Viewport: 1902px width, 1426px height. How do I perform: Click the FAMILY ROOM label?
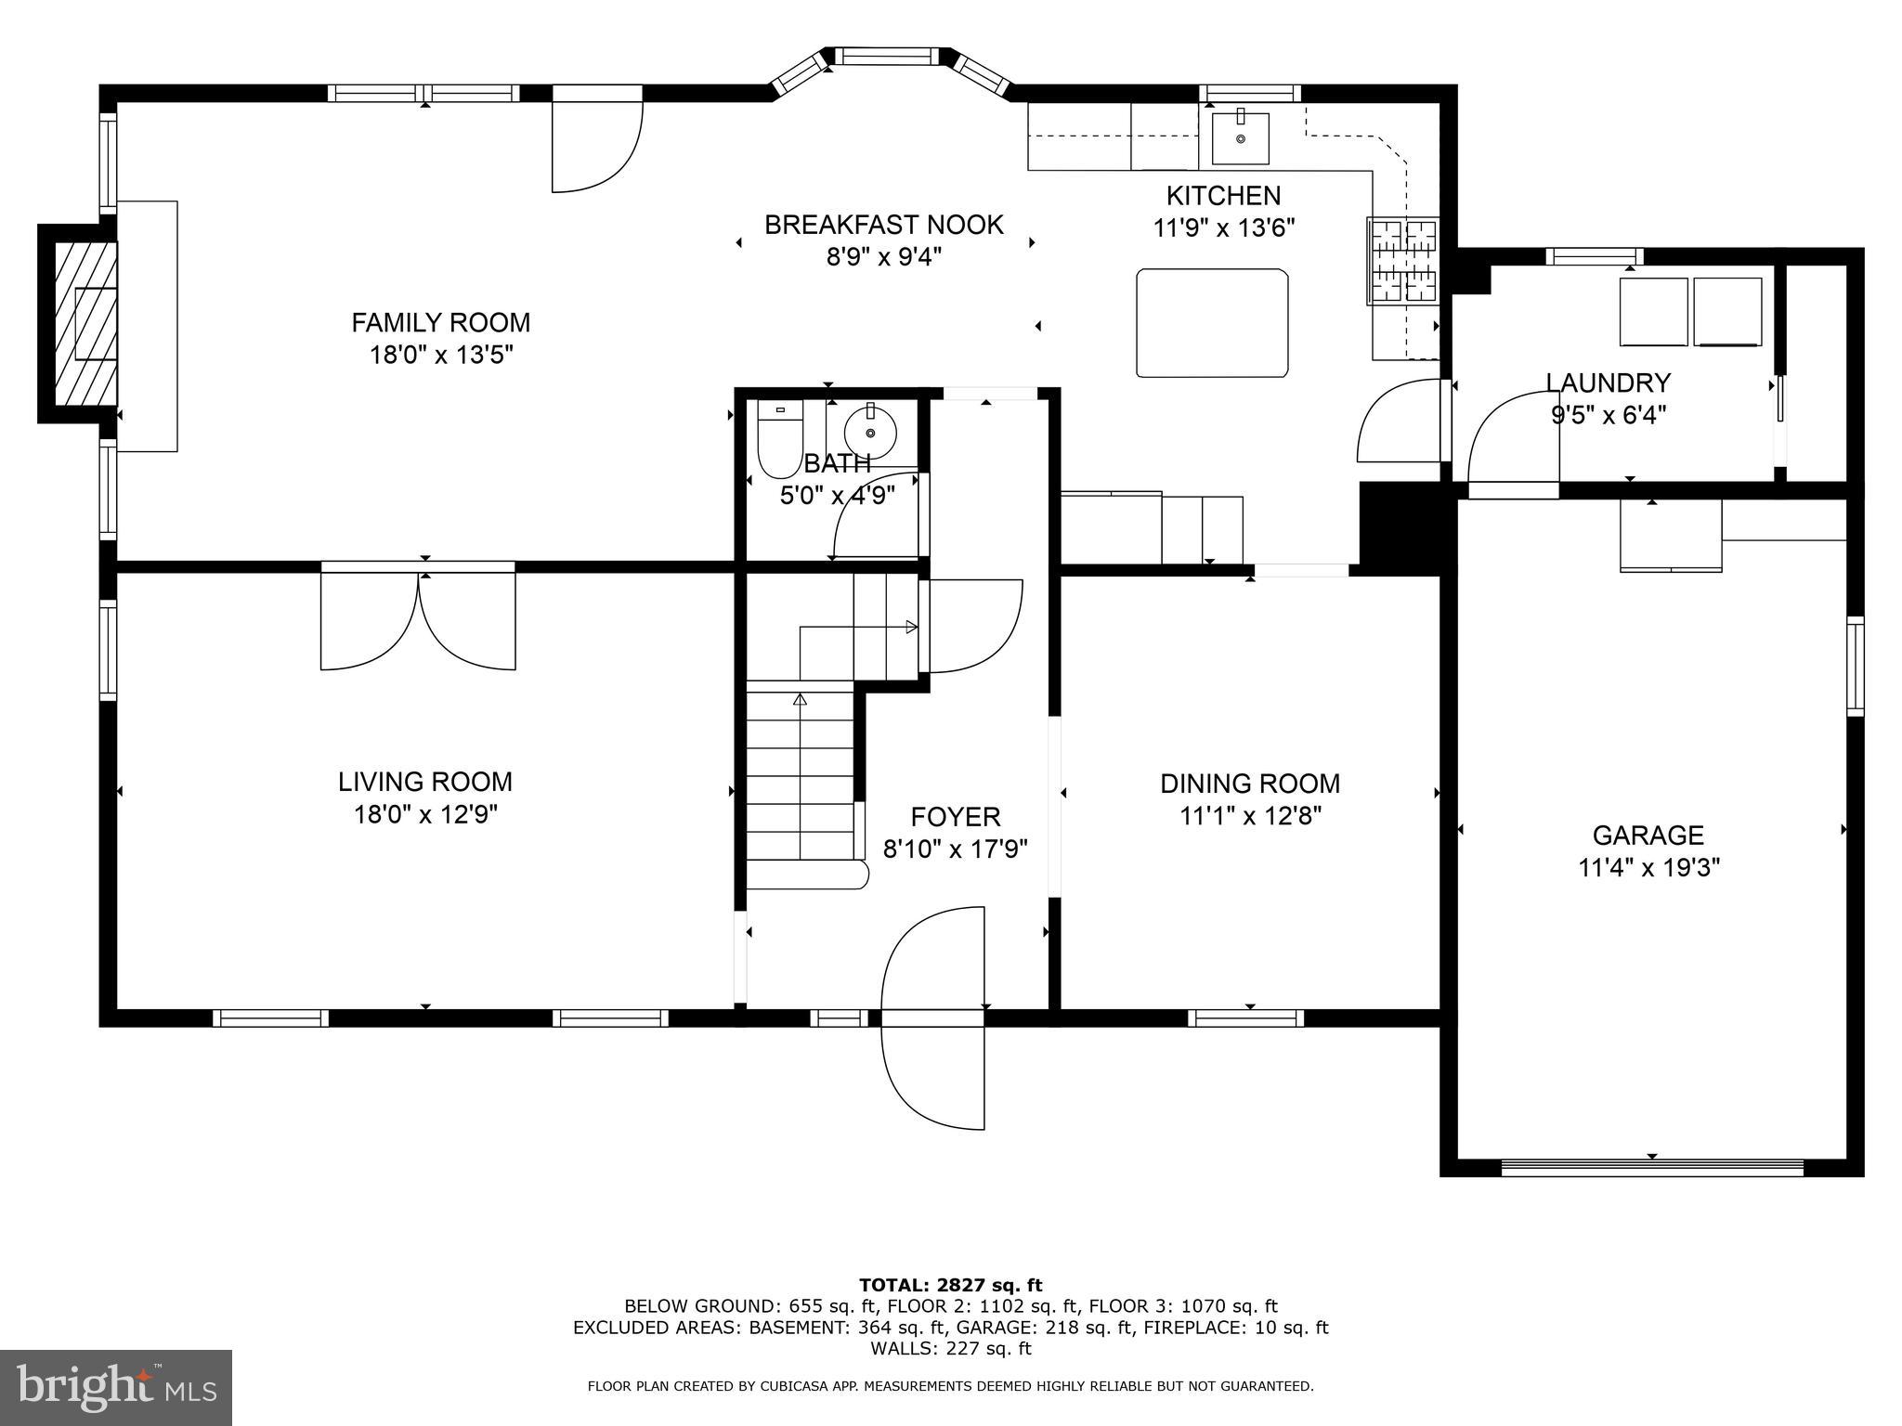tap(440, 323)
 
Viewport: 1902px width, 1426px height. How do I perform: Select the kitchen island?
tap(1212, 323)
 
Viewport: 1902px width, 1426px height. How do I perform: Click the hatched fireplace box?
tap(85, 324)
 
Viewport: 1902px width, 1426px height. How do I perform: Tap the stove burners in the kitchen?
tap(1401, 261)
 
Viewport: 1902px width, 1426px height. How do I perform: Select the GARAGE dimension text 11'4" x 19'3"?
tap(1648, 868)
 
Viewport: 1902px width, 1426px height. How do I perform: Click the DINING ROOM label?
tap(1249, 784)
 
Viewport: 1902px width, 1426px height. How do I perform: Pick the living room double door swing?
tap(418, 620)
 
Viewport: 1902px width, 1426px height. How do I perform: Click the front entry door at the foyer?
tap(932, 1018)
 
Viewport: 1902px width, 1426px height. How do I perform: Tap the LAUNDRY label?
tap(1608, 382)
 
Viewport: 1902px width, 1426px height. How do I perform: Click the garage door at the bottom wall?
tap(1651, 1167)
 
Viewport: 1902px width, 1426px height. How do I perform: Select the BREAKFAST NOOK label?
tap(883, 225)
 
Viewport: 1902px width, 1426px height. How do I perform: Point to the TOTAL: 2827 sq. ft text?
tap(950, 1285)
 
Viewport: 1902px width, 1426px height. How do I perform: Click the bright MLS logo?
tap(116, 1387)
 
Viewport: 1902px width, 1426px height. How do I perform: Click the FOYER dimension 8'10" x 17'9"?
tap(955, 849)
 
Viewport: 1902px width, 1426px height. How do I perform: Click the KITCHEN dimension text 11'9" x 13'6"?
tap(1223, 228)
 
